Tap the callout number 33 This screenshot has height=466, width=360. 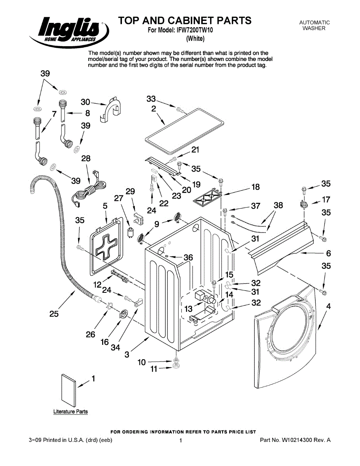click(x=151, y=99)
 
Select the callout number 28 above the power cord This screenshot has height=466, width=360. click(x=86, y=158)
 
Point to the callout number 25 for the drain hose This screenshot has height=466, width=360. click(x=54, y=314)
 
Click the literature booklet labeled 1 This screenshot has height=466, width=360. click(x=68, y=390)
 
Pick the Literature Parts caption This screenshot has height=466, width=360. click(x=70, y=412)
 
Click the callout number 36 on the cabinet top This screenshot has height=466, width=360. click(x=188, y=257)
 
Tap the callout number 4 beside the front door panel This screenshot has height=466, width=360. click(x=329, y=306)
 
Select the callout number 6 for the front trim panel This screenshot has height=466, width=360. click(x=329, y=253)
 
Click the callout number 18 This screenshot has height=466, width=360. click(x=255, y=187)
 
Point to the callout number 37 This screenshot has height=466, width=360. click(x=255, y=206)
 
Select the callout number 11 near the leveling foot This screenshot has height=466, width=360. click(x=154, y=369)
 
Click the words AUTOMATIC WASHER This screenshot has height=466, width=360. click(x=314, y=26)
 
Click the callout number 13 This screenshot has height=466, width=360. click(x=188, y=309)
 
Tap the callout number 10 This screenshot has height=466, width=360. click(x=142, y=362)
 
